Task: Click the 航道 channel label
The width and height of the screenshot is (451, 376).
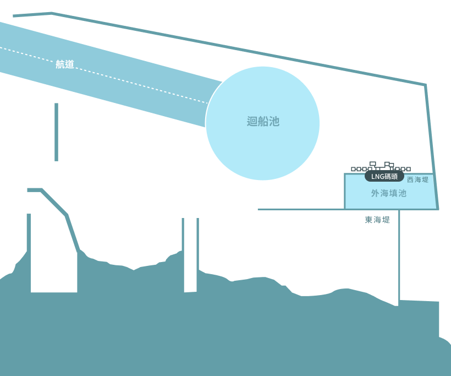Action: pyautogui.click(x=65, y=64)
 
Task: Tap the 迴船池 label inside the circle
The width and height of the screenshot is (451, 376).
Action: pyautogui.click(x=263, y=122)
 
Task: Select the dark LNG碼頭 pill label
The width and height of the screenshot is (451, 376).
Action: pyautogui.click(x=384, y=177)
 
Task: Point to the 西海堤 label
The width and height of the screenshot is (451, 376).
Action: pyautogui.click(x=417, y=179)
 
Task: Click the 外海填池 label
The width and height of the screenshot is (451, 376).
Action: pyautogui.click(x=388, y=193)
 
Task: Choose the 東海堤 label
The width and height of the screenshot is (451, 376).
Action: pyautogui.click(x=377, y=220)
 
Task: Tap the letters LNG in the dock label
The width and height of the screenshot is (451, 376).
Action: pyautogui.click(x=377, y=177)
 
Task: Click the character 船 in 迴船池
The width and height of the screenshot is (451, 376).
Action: pyautogui.click(x=263, y=122)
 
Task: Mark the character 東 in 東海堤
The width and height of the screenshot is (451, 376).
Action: pyautogui.click(x=369, y=220)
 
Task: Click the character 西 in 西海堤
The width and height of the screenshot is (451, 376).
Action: pyautogui.click(x=410, y=179)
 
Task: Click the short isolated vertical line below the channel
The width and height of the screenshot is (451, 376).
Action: pyautogui.click(x=56, y=132)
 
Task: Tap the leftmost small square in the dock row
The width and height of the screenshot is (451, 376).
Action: pyautogui.click(x=353, y=169)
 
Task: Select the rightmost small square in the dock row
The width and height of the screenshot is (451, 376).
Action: pyautogui.click(x=409, y=169)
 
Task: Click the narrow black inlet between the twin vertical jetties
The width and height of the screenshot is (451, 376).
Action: pyautogui.click(x=190, y=253)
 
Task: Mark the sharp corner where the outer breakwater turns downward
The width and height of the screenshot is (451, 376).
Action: pyautogui.click(x=425, y=85)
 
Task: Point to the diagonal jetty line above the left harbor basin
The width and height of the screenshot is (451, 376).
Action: pyautogui.click(x=55, y=203)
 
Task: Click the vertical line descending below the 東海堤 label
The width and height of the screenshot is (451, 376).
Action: pyautogui.click(x=399, y=259)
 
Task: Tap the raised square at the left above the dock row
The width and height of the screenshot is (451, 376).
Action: pyautogui.click(x=372, y=164)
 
